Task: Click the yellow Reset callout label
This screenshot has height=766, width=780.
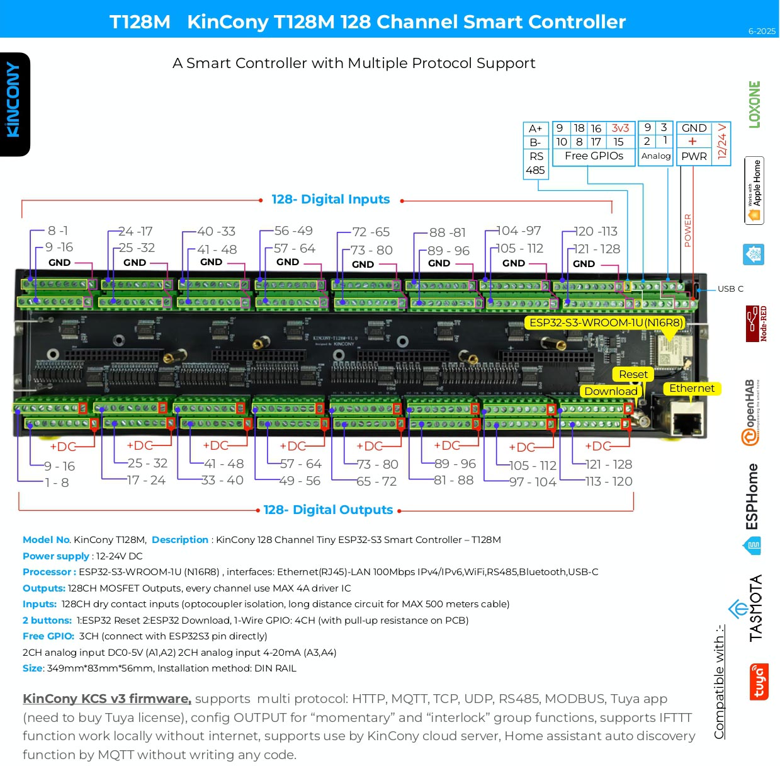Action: point(633,374)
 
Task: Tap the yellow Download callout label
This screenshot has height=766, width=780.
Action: point(611,391)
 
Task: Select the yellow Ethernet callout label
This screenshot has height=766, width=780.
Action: point(691,389)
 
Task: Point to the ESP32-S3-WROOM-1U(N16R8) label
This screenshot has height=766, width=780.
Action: point(606,323)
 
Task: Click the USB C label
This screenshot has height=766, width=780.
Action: point(730,289)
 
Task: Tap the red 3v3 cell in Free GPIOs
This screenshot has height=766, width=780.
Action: point(620,128)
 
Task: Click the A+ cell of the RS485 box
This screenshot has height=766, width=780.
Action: point(535,129)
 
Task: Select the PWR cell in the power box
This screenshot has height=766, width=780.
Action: point(694,156)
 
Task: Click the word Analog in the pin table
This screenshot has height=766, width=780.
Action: point(655,156)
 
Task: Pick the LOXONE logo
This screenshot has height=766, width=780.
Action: point(754,105)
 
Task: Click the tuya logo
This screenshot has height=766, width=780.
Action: point(759,682)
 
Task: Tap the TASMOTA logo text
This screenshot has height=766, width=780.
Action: point(755,608)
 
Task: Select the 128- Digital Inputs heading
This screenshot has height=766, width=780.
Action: point(331,200)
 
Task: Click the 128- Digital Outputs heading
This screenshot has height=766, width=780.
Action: point(328,510)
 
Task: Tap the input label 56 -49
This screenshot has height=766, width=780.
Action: point(293,231)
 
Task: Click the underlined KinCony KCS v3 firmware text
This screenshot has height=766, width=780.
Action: point(107,699)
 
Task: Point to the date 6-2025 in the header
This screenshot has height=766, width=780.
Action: point(761,31)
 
